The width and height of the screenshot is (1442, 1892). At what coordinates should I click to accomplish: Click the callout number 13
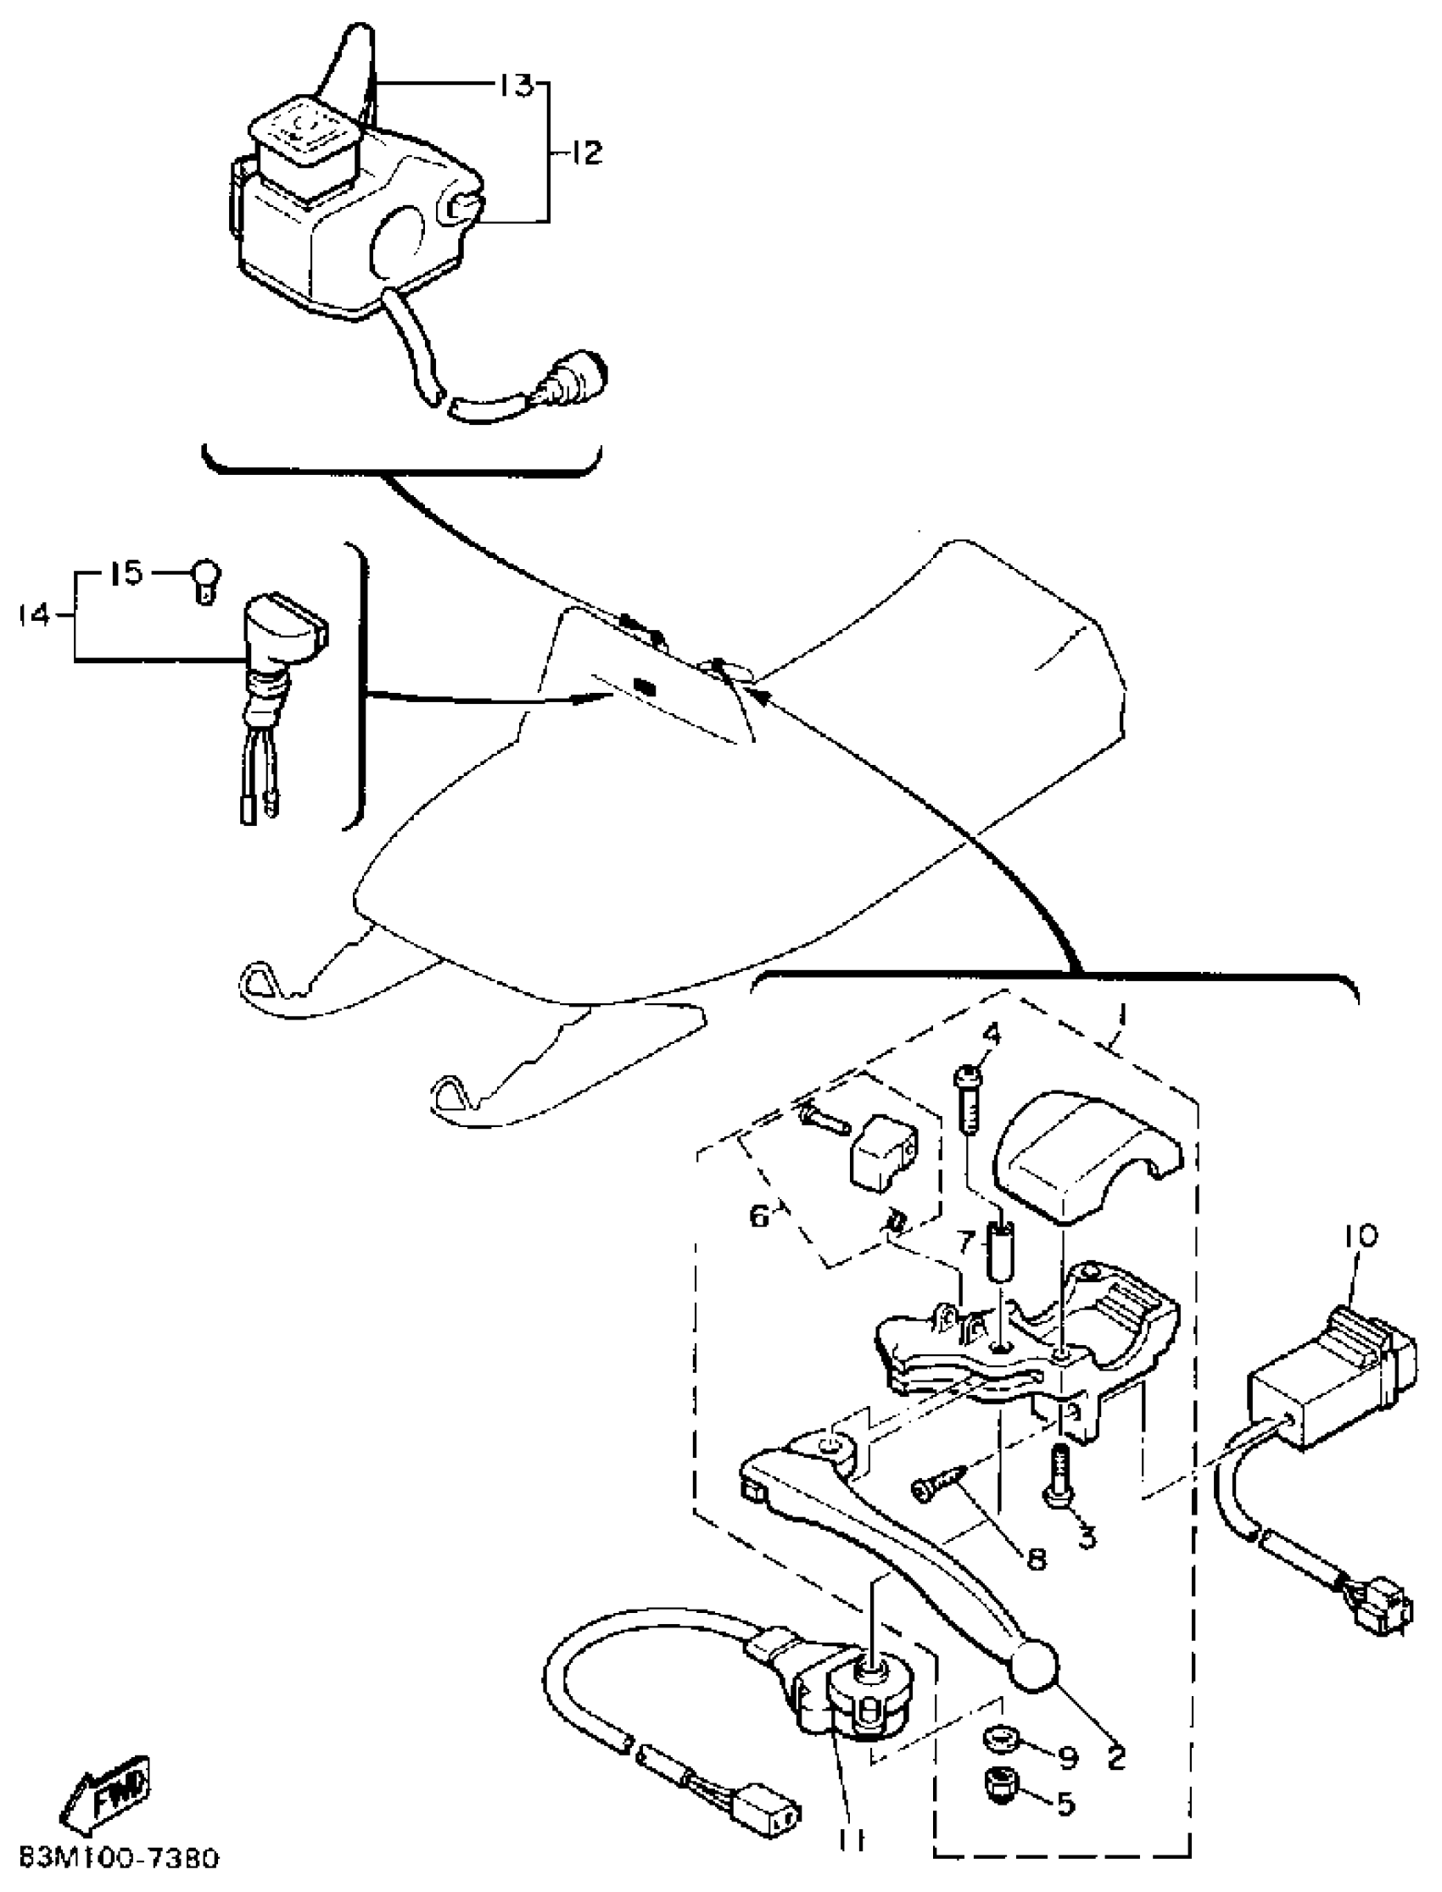[517, 86]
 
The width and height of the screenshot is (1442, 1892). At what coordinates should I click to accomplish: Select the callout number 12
[585, 153]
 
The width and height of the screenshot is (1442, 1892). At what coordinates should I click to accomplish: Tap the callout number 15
[127, 573]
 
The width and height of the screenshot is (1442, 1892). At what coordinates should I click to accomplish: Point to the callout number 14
[34, 616]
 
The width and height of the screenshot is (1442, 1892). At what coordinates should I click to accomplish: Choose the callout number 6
[760, 1216]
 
